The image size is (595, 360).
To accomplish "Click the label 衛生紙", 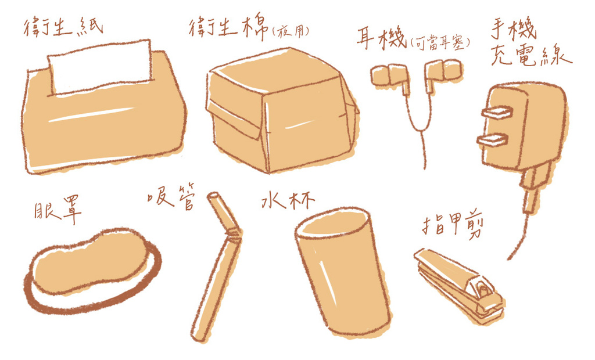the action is [63, 27].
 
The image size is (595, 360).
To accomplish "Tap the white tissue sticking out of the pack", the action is [100, 67].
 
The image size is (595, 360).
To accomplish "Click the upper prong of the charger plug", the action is [497, 112].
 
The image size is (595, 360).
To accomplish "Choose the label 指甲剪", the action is [452, 226].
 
